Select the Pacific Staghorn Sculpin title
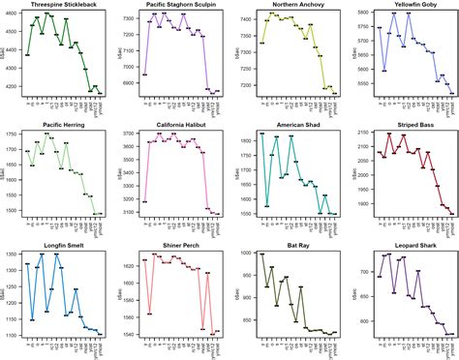tap(180, 5)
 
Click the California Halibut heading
tap(180, 125)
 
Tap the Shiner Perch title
tap(180, 245)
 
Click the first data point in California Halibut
tap(143, 201)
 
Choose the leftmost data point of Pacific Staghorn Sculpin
tap(143, 75)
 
